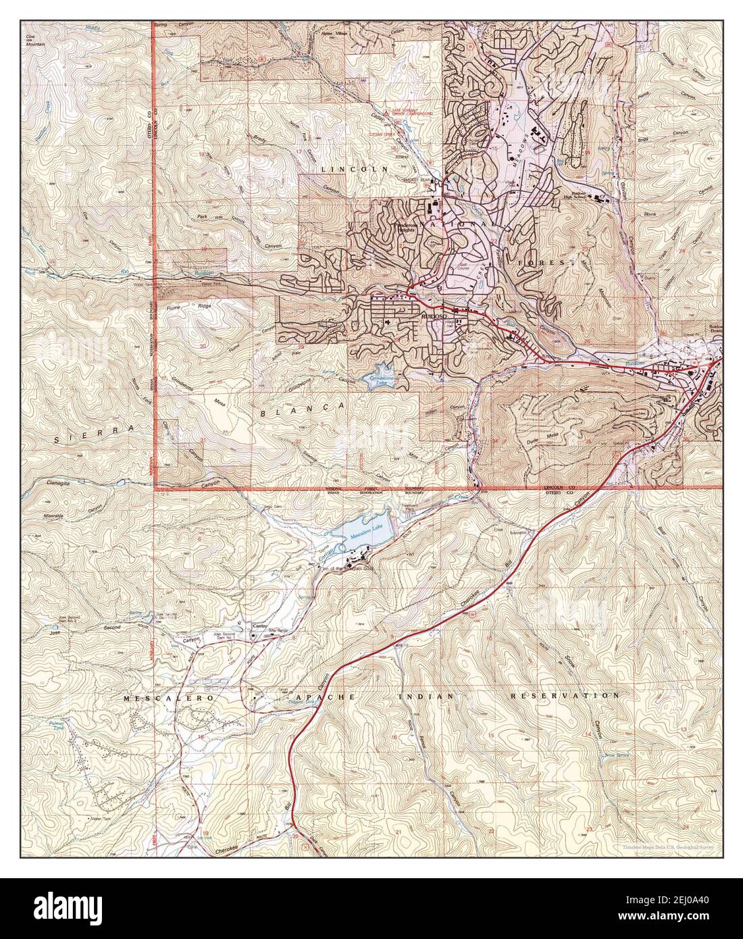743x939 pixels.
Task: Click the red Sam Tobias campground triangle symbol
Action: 386,111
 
